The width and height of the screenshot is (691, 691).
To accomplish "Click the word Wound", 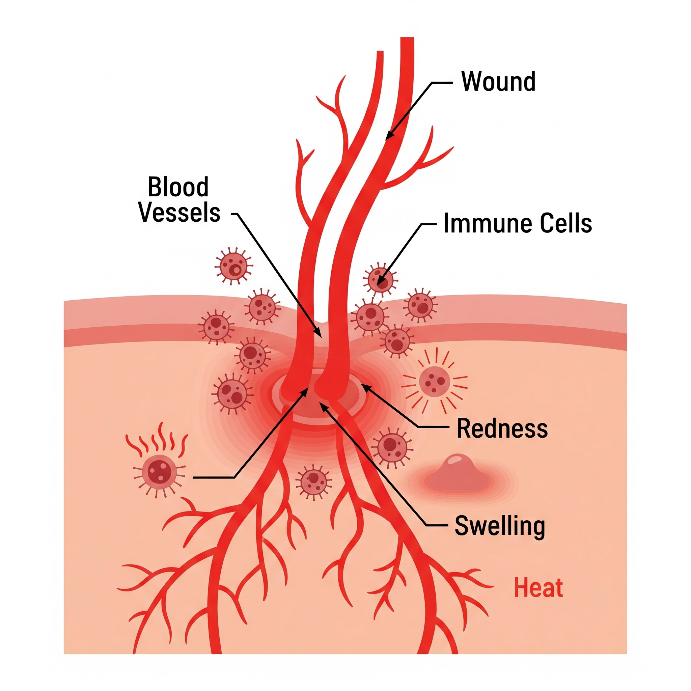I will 498,82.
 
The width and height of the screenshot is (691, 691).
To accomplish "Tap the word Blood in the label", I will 178,187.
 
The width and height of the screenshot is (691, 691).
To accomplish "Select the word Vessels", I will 179,213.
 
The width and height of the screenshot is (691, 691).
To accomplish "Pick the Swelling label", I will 500,526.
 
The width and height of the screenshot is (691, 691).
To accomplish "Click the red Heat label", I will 538,588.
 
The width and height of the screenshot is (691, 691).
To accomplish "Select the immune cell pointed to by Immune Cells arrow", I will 380,280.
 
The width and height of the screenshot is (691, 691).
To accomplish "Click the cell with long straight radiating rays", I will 434,382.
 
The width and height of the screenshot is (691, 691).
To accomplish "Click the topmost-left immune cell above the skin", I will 233,267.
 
